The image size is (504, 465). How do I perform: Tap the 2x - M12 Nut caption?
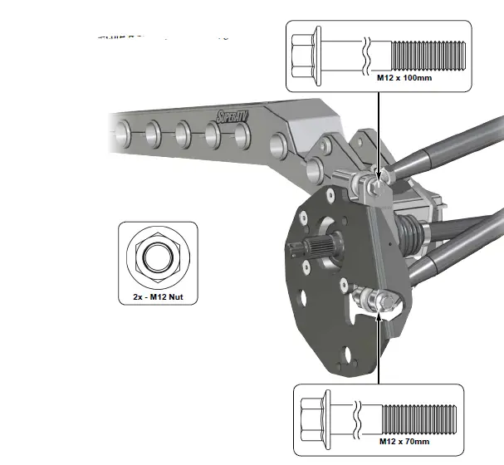coord(158,295)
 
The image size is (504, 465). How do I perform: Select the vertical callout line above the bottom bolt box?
coord(379,349)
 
